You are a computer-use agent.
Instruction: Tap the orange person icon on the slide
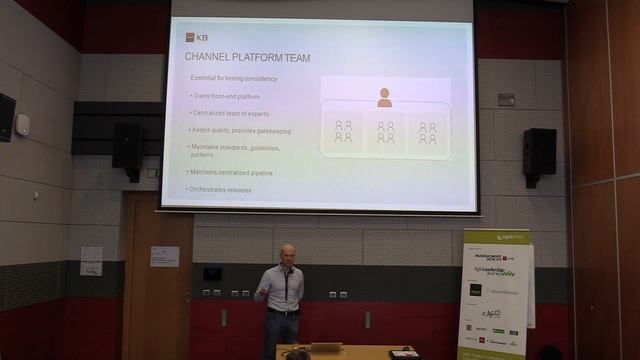coord(384,97)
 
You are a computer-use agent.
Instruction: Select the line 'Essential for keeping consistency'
coord(234,79)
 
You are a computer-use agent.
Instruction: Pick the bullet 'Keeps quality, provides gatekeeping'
coord(241,130)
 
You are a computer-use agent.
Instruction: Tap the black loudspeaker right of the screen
coord(539,152)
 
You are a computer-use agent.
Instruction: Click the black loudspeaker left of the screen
coord(127,146)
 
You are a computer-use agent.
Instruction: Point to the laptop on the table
coord(325,348)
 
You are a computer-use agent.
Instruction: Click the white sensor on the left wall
coord(23,124)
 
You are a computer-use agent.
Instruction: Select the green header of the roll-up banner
coord(494,243)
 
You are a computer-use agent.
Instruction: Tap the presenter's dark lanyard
coord(284,285)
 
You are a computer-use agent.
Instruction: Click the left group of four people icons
coord(343,131)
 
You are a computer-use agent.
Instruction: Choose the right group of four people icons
coord(427,131)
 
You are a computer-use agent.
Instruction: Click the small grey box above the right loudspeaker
coord(506,99)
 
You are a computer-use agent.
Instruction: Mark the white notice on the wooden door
coord(165,256)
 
